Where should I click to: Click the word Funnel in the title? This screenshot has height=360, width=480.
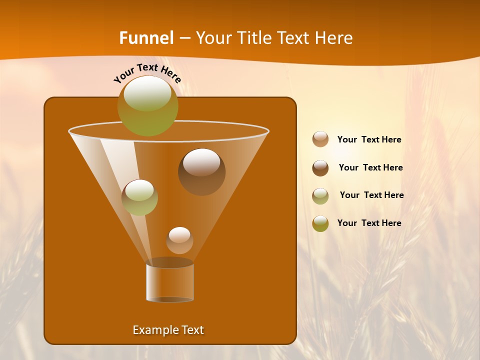(x=146, y=38)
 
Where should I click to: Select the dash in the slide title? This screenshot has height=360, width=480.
(x=184, y=38)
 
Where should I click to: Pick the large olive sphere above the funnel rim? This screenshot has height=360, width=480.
(x=148, y=105)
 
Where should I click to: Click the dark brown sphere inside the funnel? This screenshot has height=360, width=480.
(x=201, y=171)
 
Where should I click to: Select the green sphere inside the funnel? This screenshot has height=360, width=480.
(x=139, y=197)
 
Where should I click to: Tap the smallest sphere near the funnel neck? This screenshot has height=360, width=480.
(x=179, y=240)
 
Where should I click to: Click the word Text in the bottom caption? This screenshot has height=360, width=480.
(x=192, y=330)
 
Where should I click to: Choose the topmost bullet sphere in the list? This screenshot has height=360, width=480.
(x=320, y=139)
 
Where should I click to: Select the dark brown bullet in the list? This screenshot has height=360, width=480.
(x=320, y=167)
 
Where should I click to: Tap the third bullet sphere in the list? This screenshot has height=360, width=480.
(x=320, y=195)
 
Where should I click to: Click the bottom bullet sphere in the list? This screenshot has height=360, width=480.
(x=320, y=223)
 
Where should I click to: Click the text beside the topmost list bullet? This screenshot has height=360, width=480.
(x=369, y=140)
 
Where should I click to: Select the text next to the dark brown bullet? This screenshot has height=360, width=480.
(x=370, y=168)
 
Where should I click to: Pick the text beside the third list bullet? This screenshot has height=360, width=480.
(x=371, y=195)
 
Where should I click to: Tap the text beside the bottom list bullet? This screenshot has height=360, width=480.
(x=369, y=223)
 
